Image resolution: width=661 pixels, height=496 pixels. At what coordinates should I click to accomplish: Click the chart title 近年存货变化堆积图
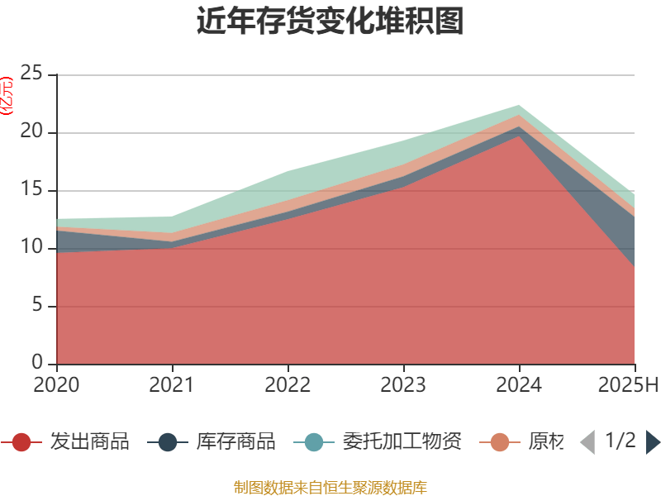coord(330,21)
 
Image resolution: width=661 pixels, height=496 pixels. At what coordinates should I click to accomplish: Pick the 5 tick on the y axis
coord(37,306)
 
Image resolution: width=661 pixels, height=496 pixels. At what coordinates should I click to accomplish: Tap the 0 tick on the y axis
coord(37,364)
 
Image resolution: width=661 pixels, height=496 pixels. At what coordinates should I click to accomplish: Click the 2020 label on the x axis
coord(56,385)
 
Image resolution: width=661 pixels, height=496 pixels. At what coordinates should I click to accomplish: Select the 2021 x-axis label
coord(172,385)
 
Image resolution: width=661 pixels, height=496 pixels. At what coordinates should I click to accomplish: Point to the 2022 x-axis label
coord(288,385)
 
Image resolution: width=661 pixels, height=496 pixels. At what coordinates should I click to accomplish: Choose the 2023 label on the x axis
coord(403,385)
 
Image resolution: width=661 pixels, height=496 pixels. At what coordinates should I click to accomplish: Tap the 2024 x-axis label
coord(519,385)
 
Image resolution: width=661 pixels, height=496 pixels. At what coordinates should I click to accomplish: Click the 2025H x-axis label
coord(629,385)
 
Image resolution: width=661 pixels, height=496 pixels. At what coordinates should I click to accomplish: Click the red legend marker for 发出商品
coord(22,442)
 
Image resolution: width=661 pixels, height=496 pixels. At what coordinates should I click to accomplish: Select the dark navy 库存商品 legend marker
coord(168,442)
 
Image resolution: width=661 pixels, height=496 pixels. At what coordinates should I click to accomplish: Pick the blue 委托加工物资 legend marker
coord(314,442)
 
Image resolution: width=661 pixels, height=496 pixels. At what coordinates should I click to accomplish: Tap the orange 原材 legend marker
coord(500,442)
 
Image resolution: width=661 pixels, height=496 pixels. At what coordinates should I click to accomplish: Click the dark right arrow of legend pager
coord(653,442)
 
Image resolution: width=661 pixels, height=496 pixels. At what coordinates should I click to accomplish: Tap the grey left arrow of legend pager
coord(587,442)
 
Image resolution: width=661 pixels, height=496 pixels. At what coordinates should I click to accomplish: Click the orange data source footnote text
coord(330,487)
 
